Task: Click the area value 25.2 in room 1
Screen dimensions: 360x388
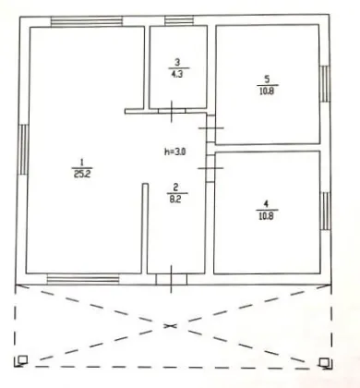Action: (82, 175)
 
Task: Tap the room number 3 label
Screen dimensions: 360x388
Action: (177, 63)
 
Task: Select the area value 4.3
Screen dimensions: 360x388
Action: (176, 74)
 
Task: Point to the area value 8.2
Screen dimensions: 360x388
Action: (175, 200)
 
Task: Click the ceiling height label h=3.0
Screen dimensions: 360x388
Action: (175, 152)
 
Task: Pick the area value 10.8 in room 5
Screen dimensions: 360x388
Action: (267, 91)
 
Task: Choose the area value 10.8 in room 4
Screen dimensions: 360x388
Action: (267, 215)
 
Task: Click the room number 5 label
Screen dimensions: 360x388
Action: (267, 79)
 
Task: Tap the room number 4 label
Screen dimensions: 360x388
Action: (266, 203)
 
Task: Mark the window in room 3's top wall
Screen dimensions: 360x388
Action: (179, 20)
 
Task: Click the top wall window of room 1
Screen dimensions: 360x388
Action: (87, 21)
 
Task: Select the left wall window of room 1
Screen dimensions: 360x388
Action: (24, 150)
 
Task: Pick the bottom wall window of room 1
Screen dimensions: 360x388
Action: (83, 279)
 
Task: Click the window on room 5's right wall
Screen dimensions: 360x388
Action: (324, 84)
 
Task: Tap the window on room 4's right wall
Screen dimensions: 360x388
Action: (325, 211)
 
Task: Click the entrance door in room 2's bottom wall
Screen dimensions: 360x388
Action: (171, 279)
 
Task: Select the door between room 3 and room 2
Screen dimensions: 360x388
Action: (172, 111)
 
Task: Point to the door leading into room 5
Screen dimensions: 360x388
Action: (210, 127)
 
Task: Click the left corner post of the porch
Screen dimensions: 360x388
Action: (22, 359)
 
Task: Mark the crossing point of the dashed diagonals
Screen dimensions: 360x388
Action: (170, 325)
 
